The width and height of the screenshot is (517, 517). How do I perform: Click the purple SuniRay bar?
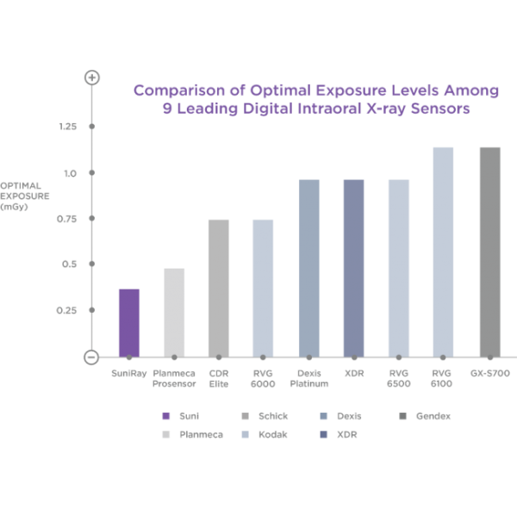129,323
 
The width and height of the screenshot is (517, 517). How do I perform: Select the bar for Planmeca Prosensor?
174,313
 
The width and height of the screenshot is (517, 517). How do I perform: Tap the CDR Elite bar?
219,288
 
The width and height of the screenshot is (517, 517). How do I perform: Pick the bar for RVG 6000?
263,288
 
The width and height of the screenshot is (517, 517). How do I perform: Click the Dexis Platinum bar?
309,268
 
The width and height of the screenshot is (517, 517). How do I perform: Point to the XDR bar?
354,268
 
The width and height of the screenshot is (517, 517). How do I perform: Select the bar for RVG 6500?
399,268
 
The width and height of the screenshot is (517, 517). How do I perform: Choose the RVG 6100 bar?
443,252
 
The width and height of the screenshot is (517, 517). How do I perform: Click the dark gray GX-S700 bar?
490,252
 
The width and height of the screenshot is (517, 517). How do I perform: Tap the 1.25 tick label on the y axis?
68,127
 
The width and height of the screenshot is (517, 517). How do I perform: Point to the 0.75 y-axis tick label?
66,219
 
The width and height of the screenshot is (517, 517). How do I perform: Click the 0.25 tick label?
66,310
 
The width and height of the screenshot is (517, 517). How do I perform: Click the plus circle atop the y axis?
92,78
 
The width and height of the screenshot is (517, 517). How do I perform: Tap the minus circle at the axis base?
91,357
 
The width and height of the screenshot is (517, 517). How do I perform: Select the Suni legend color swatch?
166,416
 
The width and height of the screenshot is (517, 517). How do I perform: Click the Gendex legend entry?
425,416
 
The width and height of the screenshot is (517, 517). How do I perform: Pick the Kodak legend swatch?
245,434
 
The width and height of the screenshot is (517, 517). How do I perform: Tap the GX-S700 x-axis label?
490,373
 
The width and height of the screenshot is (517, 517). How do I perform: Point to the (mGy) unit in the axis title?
14,207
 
